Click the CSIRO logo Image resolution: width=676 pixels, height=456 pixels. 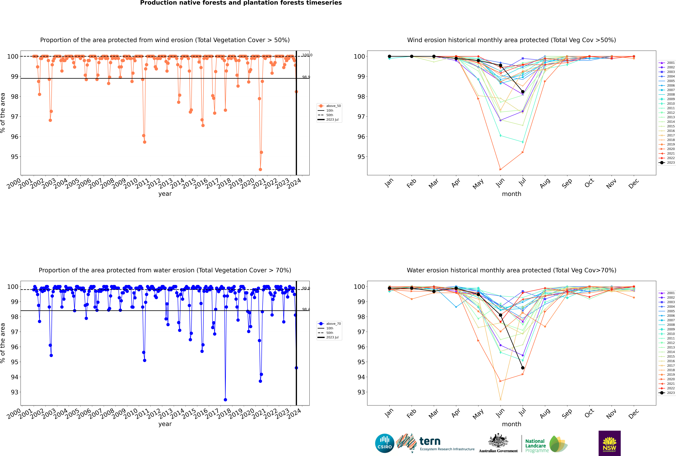(384, 443)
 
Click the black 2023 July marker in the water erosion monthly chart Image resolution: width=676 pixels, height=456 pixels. (523, 368)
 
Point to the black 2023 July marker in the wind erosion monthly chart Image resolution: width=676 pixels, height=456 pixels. (523, 92)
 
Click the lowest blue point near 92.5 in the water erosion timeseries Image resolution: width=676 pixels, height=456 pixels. (225, 400)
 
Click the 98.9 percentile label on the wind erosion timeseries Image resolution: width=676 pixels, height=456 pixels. (306, 77)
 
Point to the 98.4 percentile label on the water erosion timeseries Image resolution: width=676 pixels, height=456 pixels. (306, 309)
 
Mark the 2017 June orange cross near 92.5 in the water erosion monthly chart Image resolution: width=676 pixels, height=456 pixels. (500, 400)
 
